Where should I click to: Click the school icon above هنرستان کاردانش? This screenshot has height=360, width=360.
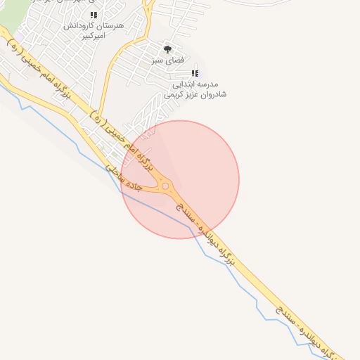[94, 15]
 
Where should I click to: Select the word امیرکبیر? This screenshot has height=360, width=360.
[91, 34]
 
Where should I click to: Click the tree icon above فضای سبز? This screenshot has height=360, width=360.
[167, 49]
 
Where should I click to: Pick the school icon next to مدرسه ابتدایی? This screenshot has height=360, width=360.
[195, 73]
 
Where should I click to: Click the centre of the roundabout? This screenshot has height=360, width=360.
[166, 186]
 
